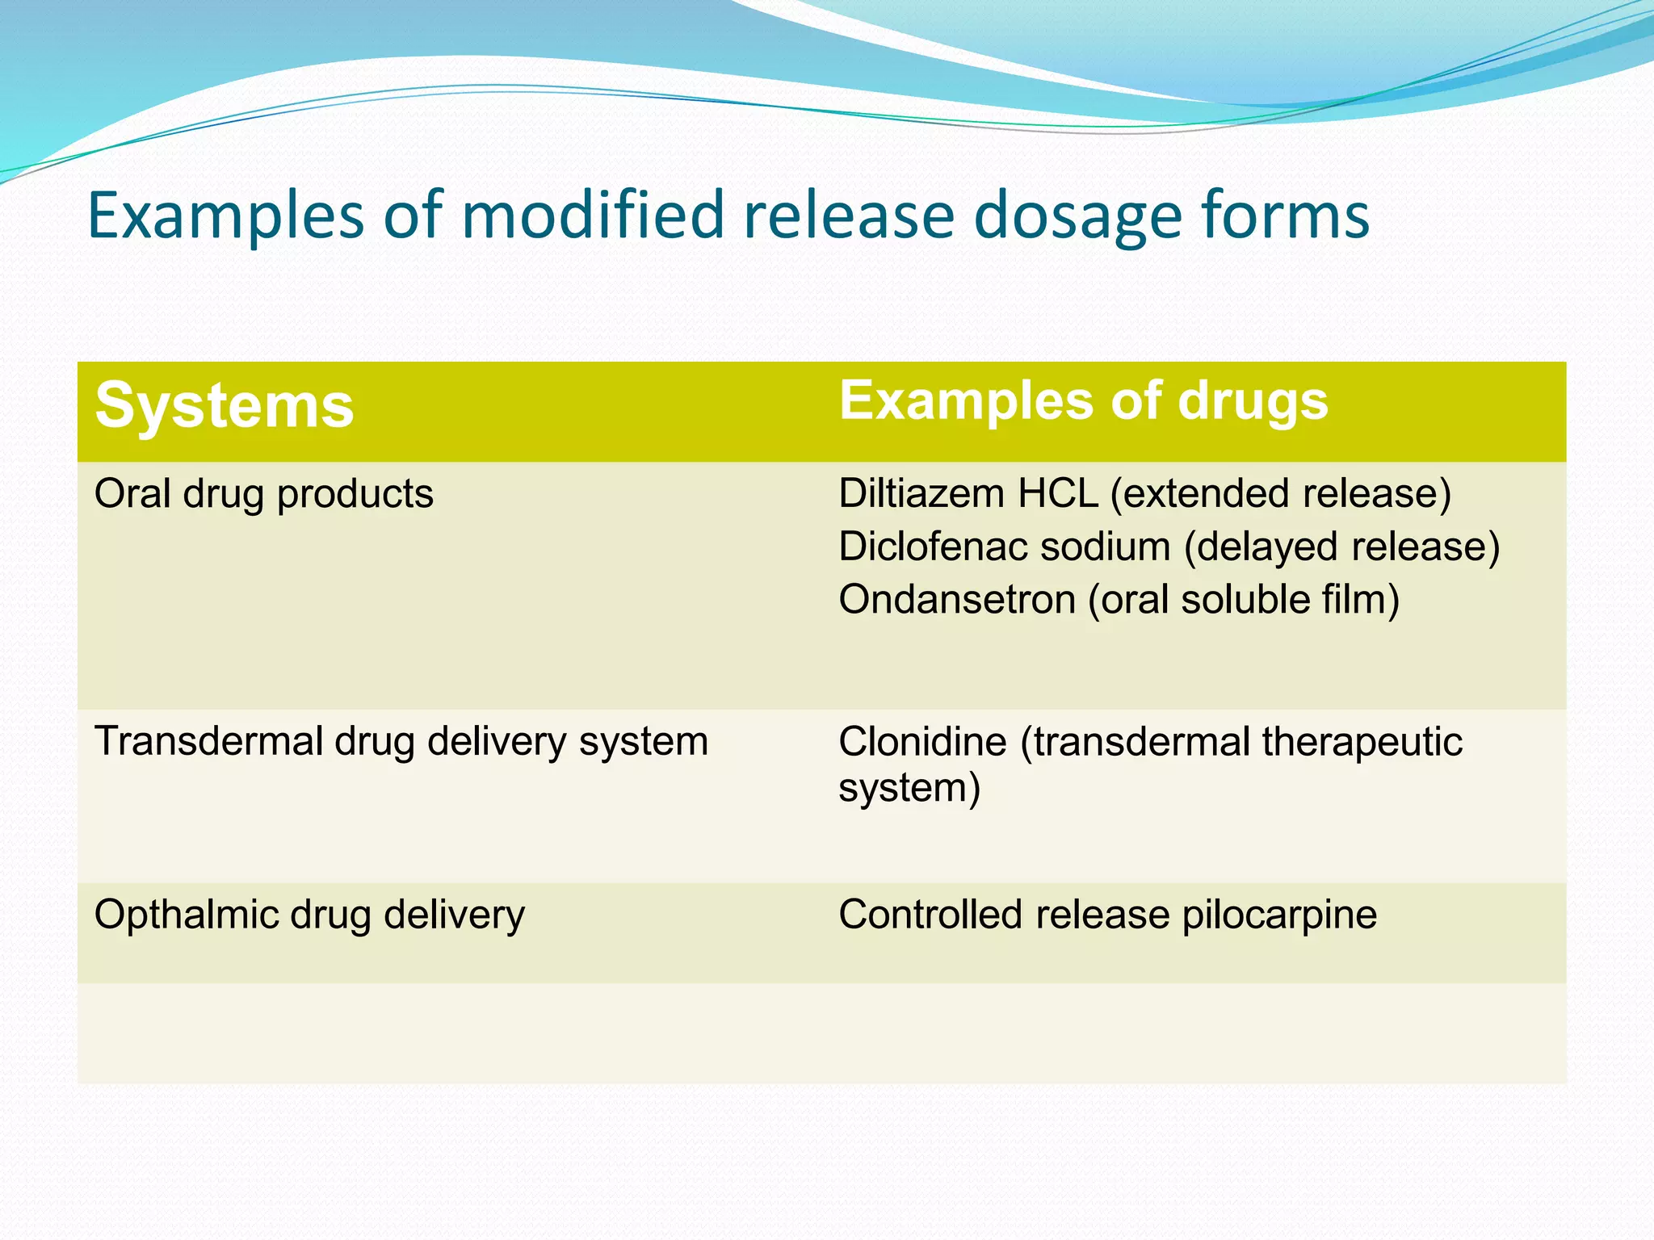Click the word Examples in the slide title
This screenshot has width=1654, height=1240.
(225, 216)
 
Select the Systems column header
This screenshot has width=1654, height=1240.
(225, 405)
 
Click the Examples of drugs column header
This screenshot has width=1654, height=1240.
(1083, 400)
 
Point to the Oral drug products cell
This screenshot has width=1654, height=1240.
(264, 494)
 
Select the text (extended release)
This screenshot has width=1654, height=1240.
(1281, 493)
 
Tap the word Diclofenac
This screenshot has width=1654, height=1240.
(930, 547)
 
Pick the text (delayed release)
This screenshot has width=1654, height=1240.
(1341, 547)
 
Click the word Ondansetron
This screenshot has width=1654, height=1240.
(957, 600)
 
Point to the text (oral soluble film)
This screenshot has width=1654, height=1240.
(1244, 600)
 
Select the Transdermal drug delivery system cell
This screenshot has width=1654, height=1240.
(401, 741)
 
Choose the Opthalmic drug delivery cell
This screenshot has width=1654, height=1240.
(309, 915)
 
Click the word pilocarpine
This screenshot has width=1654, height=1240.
(1279, 915)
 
